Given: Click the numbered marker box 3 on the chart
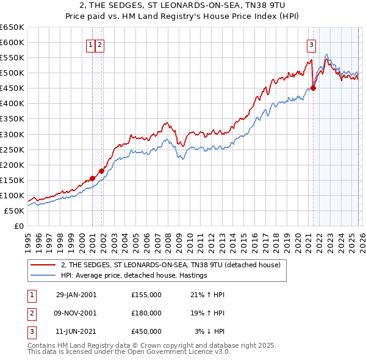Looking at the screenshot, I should (x=311, y=44).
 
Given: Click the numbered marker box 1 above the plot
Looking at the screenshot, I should (x=90, y=44).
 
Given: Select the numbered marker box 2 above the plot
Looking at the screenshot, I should (x=99, y=44).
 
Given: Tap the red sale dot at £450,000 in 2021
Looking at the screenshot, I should (x=313, y=88).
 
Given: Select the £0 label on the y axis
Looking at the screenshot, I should (x=18, y=226).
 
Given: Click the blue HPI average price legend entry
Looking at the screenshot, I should (x=134, y=275).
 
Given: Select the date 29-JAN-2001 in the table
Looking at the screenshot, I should (x=76, y=295).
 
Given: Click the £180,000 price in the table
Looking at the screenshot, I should (x=146, y=313).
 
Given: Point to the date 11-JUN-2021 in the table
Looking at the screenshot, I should (x=76, y=331).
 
